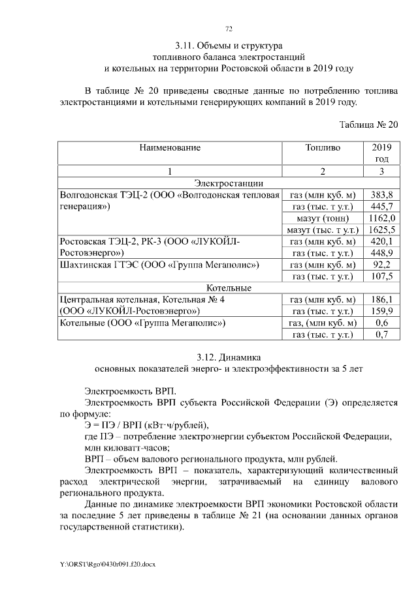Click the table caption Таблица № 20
click(368, 125)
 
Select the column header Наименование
click(169, 148)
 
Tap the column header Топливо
click(322, 148)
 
